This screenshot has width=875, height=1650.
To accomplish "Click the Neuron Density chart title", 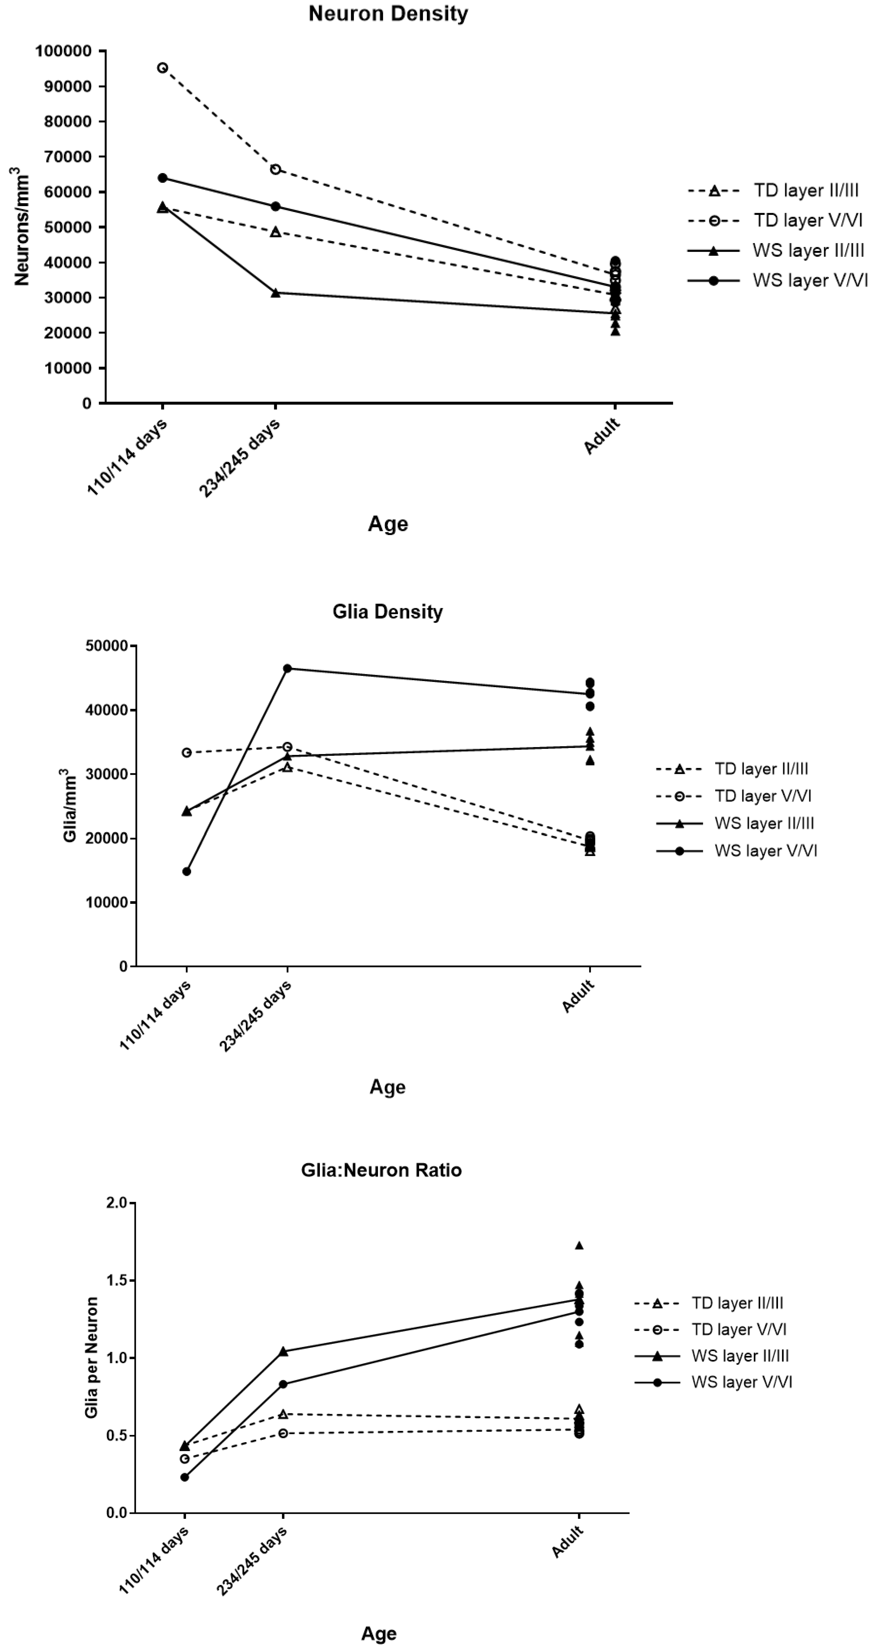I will pos(388,14).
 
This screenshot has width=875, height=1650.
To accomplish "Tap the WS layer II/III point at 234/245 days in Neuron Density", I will pos(275,293).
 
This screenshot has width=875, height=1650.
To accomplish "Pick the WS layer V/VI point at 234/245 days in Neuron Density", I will pos(275,206).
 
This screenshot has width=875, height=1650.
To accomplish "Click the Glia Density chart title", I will pos(388,612).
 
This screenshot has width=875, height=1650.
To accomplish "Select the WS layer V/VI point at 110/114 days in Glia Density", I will pos(186,871).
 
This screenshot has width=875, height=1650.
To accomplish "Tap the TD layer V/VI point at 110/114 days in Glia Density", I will pos(186,753).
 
